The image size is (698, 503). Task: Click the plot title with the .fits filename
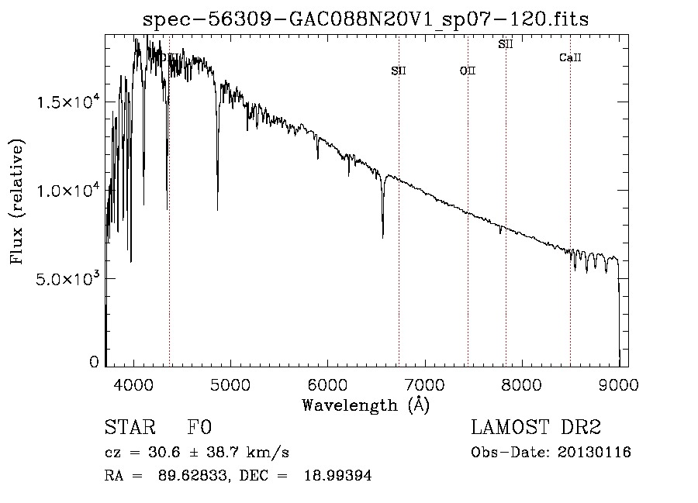click(x=365, y=19)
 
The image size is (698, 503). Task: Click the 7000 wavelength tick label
click(x=424, y=385)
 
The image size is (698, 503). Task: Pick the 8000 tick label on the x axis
click(x=521, y=385)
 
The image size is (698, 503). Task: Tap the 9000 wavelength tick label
click(x=618, y=385)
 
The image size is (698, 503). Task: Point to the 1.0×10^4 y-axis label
click(x=67, y=190)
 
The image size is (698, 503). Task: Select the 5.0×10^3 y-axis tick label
click(x=67, y=278)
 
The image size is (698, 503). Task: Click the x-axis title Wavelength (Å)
click(x=365, y=405)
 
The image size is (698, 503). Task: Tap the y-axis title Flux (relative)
click(x=17, y=202)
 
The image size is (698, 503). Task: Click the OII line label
click(x=468, y=71)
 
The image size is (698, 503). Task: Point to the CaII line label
click(x=570, y=58)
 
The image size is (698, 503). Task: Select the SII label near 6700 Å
click(x=399, y=71)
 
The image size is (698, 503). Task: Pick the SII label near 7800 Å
click(x=506, y=45)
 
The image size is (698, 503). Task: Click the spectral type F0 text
click(x=200, y=428)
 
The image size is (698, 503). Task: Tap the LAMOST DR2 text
click(x=536, y=428)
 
